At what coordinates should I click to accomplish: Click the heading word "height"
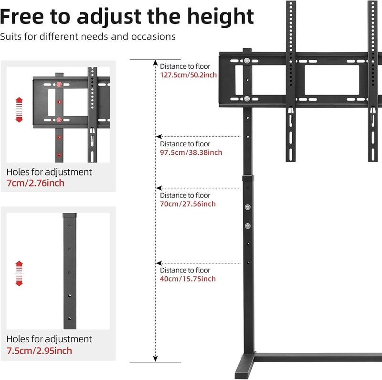221,17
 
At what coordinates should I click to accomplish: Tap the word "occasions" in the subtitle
153,37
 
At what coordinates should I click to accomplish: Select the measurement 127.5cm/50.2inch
188,75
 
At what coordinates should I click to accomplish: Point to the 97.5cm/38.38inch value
191,152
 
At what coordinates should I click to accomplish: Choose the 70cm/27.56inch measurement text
188,204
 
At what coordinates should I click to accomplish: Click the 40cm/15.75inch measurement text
188,279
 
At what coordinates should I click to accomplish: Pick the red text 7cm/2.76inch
35,183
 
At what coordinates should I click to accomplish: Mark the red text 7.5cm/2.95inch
39,351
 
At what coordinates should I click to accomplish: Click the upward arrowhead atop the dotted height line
156,63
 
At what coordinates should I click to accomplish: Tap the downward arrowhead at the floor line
156,359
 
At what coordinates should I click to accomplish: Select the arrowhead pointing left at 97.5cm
159,137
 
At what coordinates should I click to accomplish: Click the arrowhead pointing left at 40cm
159,263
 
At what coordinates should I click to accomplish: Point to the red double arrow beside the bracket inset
19,110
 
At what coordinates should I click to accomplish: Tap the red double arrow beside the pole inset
19,273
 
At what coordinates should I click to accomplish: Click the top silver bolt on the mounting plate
247,61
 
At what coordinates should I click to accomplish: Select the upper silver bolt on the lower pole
248,207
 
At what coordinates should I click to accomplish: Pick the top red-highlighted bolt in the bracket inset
59,85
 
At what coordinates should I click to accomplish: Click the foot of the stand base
245,366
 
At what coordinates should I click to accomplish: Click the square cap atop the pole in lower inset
70,216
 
